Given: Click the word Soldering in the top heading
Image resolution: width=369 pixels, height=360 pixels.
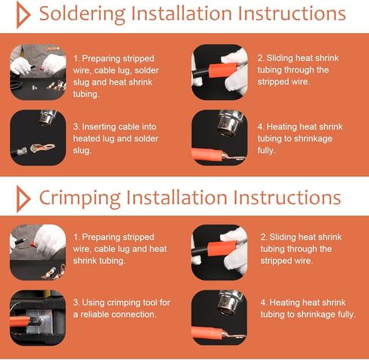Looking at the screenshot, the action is coord(82,14).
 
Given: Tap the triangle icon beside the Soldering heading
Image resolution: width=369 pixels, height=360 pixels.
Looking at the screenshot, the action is coord(23,14).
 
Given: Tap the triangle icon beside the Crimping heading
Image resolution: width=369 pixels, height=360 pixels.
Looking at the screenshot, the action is coord(23,199).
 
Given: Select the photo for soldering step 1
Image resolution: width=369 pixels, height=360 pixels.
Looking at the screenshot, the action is coord(38,72).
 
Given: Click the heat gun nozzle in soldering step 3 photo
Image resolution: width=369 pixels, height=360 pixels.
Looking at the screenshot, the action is coord(48,118).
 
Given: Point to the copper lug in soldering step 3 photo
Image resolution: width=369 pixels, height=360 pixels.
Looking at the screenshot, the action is coord(42,148).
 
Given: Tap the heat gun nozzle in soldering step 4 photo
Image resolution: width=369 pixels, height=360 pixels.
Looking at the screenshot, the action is coord(229,123).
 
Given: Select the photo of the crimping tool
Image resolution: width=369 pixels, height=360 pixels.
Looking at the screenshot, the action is coord(38,318).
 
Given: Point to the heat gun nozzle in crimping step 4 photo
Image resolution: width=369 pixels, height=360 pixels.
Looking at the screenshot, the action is coord(229,302).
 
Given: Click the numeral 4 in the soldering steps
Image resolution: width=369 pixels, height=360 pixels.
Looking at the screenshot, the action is coord(260,127).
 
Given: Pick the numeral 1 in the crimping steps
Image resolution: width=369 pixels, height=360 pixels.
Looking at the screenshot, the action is coord(76,237).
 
